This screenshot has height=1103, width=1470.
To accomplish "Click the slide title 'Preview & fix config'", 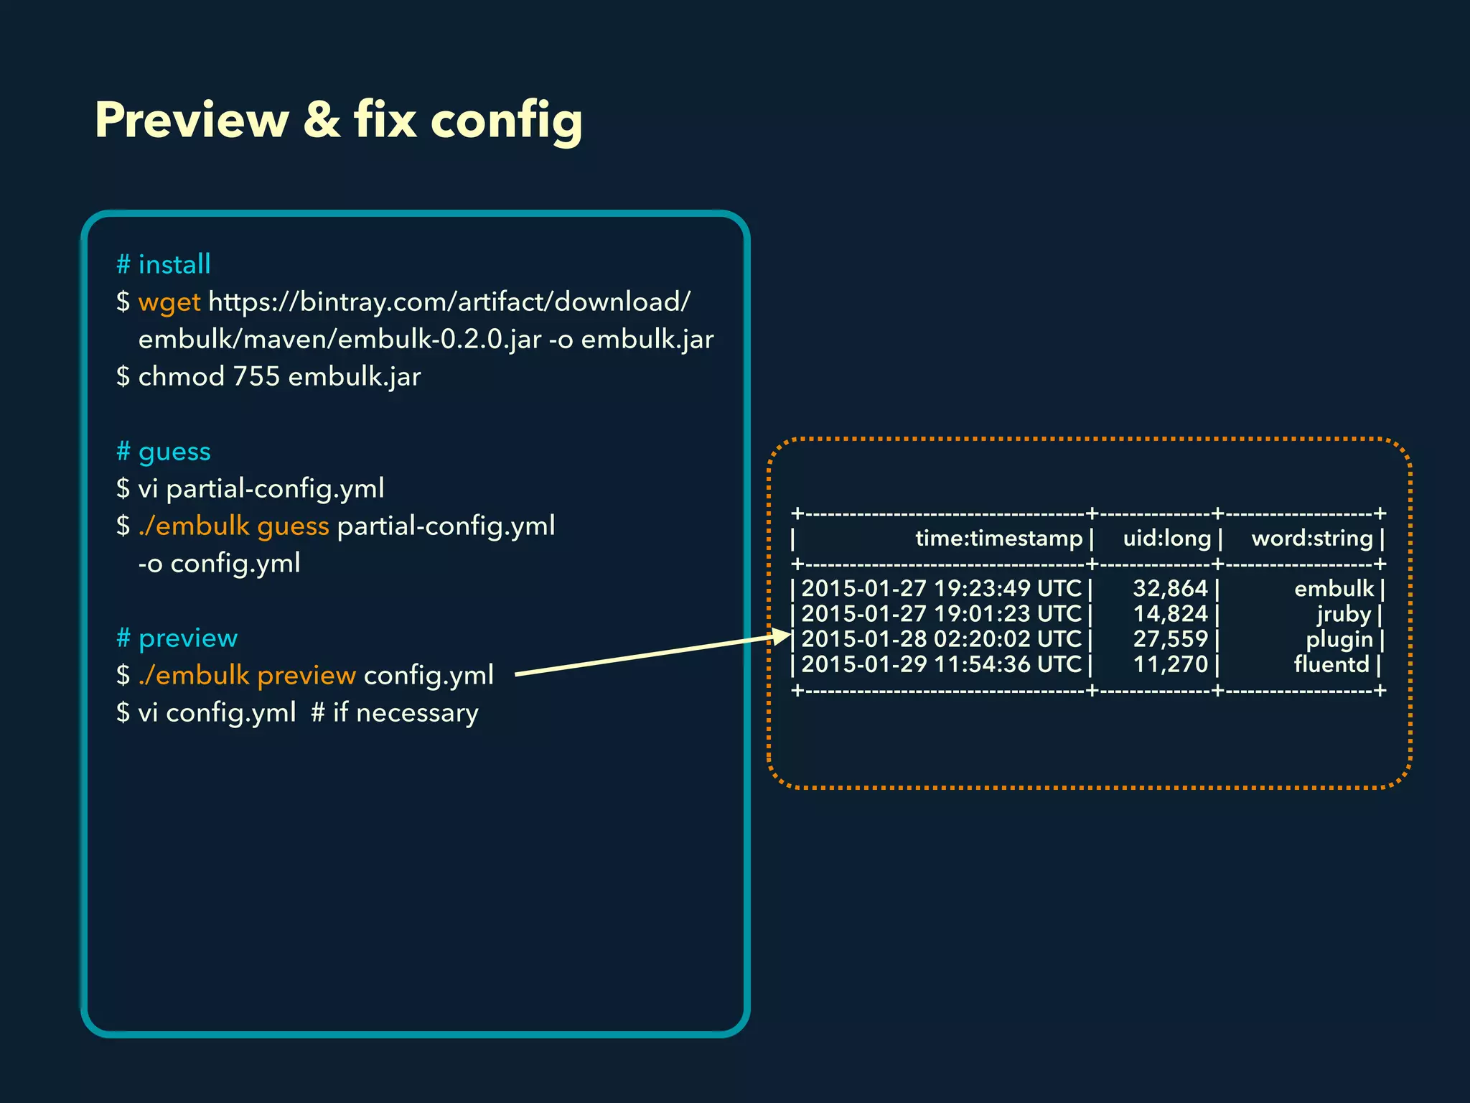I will [x=338, y=120].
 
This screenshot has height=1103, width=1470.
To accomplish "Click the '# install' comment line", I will [x=164, y=264].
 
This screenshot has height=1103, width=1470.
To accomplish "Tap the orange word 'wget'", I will [x=169, y=302].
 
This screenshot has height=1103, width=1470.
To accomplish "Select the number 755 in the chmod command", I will [x=256, y=376].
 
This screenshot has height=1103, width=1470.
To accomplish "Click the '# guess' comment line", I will [x=164, y=452].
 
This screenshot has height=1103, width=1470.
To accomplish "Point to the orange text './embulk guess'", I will [x=233, y=526].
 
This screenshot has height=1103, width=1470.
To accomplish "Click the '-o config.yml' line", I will [x=219, y=563].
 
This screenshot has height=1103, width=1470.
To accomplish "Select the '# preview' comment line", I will [x=177, y=638].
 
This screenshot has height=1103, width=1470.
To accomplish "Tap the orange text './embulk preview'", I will [x=247, y=676].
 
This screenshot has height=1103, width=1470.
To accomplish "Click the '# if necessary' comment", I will [x=395, y=713].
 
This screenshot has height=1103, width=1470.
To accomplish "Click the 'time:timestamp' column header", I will [x=998, y=539].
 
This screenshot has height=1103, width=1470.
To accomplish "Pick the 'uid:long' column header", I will [x=1167, y=539].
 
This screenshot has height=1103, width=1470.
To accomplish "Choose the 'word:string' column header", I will [x=1312, y=539].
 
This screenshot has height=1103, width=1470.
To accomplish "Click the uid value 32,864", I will [x=1171, y=589].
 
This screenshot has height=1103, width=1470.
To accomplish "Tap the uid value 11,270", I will [x=1171, y=664].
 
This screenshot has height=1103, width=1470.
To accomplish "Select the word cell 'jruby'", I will [x=1344, y=615].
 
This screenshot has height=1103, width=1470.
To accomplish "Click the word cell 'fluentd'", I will [x=1331, y=664].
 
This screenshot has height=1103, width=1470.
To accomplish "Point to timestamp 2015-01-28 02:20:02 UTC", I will [x=941, y=639].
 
